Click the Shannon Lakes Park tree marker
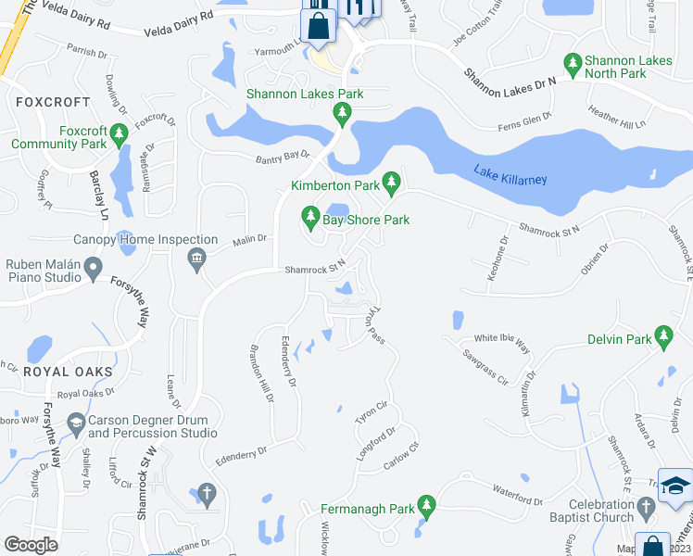(342, 113)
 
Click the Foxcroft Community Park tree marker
(119, 136)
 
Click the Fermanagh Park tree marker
(426, 505)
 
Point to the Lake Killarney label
(510, 174)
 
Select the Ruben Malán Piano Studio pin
(93, 270)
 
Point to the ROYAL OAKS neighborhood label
(69, 372)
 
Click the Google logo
(31, 545)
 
